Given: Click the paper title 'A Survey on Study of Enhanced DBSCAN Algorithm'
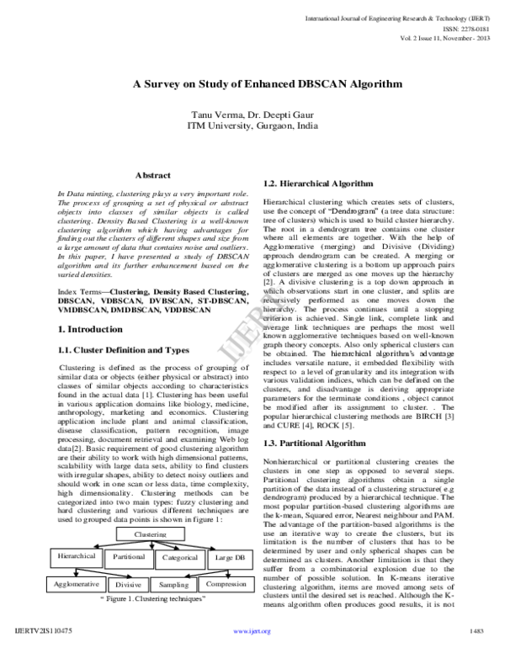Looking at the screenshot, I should (x=252, y=85).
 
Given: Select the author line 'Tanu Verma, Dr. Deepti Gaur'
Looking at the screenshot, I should (x=253, y=114).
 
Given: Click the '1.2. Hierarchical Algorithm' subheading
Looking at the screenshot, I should (x=318, y=183).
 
